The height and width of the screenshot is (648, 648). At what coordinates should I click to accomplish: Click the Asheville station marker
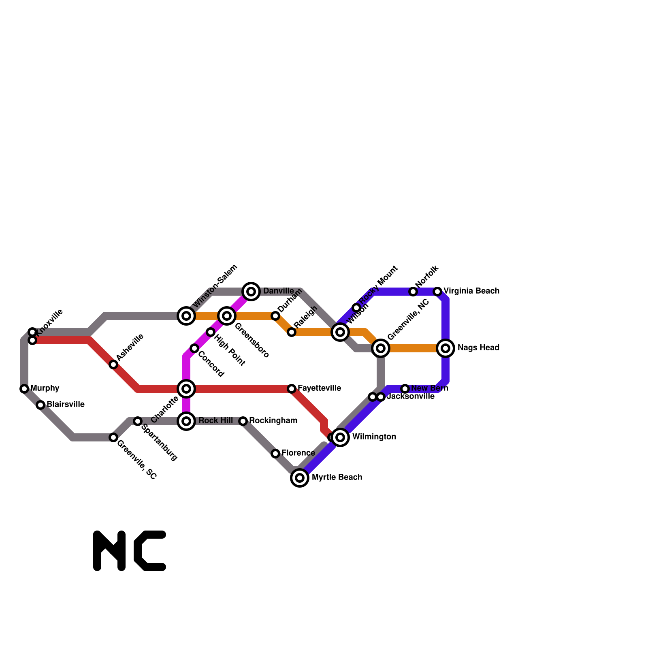pyautogui.click(x=113, y=364)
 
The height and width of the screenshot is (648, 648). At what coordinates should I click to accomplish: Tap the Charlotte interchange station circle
pyautogui.click(x=186, y=389)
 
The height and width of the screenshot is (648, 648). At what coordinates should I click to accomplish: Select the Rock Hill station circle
pyautogui.click(x=186, y=421)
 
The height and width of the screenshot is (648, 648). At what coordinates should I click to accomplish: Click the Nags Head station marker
pyautogui.click(x=446, y=348)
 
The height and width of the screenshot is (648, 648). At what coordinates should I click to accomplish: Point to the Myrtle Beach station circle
pyautogui.click(x=300, y=478)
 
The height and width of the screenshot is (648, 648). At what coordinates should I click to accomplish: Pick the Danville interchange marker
pyautogui.click(x=251, y=292)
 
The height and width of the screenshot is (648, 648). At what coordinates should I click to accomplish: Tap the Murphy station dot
pyautogui.click(x=24, y=389)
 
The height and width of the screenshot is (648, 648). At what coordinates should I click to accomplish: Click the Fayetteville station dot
pyautogui.click(x=292, y=389)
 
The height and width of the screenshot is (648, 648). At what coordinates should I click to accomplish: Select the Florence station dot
pyautogui.click(x=275, y=454)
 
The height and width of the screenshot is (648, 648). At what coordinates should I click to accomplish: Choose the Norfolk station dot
pyautogui.click(x=413, y=292)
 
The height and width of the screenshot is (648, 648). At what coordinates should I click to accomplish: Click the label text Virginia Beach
pyautogui.click(x=471, y=291)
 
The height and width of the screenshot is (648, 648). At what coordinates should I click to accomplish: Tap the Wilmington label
pyautogui.click(x=374, y=437)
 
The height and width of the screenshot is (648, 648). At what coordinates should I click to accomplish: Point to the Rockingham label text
pyautogui.click(x=273, y=421)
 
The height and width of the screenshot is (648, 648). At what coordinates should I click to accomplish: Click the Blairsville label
pyautogui.click(x=66, y=405)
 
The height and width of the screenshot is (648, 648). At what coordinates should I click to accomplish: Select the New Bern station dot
pyautogui.click(x=405, y=389)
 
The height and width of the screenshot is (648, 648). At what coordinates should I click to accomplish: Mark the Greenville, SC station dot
pyautogui.click(x=113, y=437)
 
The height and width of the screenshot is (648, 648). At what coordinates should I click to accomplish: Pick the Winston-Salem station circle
pyautogui.click(x=186, y=316)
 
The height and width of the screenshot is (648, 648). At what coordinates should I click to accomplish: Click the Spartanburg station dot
pyautogui.click(x=138, y=421)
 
